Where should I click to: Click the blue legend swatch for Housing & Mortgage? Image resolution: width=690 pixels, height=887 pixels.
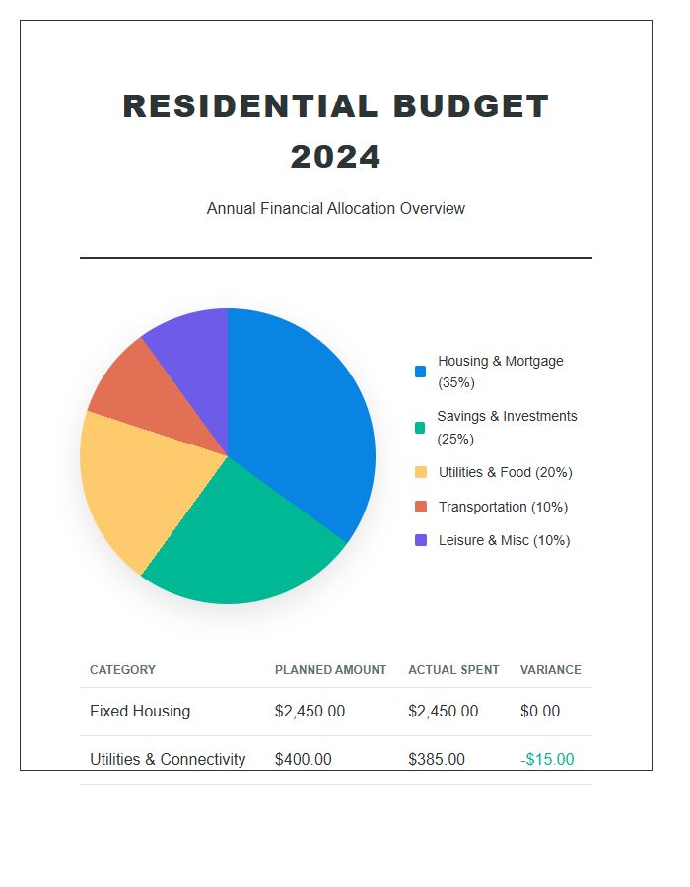click(421, 372)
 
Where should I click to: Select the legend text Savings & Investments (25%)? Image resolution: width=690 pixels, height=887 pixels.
click(507, 427)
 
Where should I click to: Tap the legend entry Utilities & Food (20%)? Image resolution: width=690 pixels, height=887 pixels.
click(505, 472)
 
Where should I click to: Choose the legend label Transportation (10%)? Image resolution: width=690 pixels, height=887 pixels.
click(503, 507)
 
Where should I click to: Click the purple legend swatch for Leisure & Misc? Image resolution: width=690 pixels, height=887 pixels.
click(421, 540)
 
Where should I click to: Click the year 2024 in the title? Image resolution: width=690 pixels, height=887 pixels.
click(335, 157)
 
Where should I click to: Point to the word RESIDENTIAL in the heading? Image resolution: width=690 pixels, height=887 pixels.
click(248, 106)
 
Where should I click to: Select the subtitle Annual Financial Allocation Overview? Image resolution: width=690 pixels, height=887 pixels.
click(335, 209)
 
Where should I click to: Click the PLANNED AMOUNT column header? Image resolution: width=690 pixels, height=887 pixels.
click(330, 670)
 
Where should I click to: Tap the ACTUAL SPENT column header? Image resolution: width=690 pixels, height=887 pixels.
click(453, 670)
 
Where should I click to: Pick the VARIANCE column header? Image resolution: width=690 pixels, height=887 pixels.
click(550, 670)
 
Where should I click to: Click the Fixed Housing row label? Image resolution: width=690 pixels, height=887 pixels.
click(140, 712)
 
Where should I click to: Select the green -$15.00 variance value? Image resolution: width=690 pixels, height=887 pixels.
click(546, 760)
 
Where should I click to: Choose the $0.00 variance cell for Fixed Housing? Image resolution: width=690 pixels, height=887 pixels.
click(539, 712)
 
